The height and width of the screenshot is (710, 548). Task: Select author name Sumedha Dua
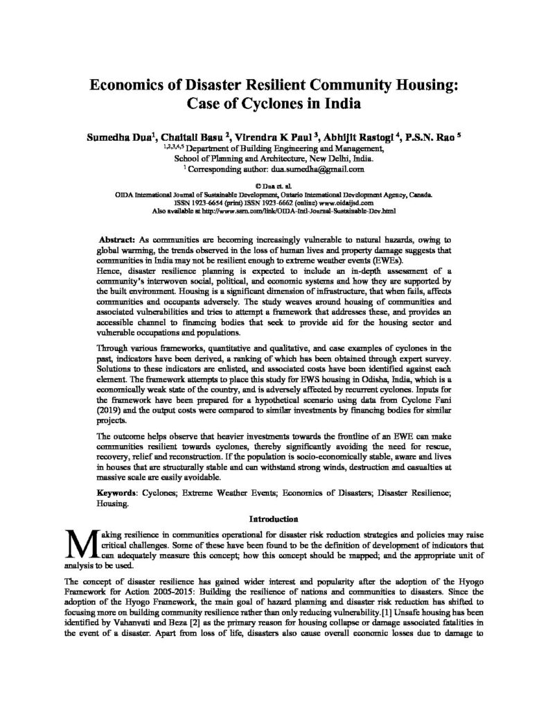coord(123,137)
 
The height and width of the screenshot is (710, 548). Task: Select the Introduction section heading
coord(274,518)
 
